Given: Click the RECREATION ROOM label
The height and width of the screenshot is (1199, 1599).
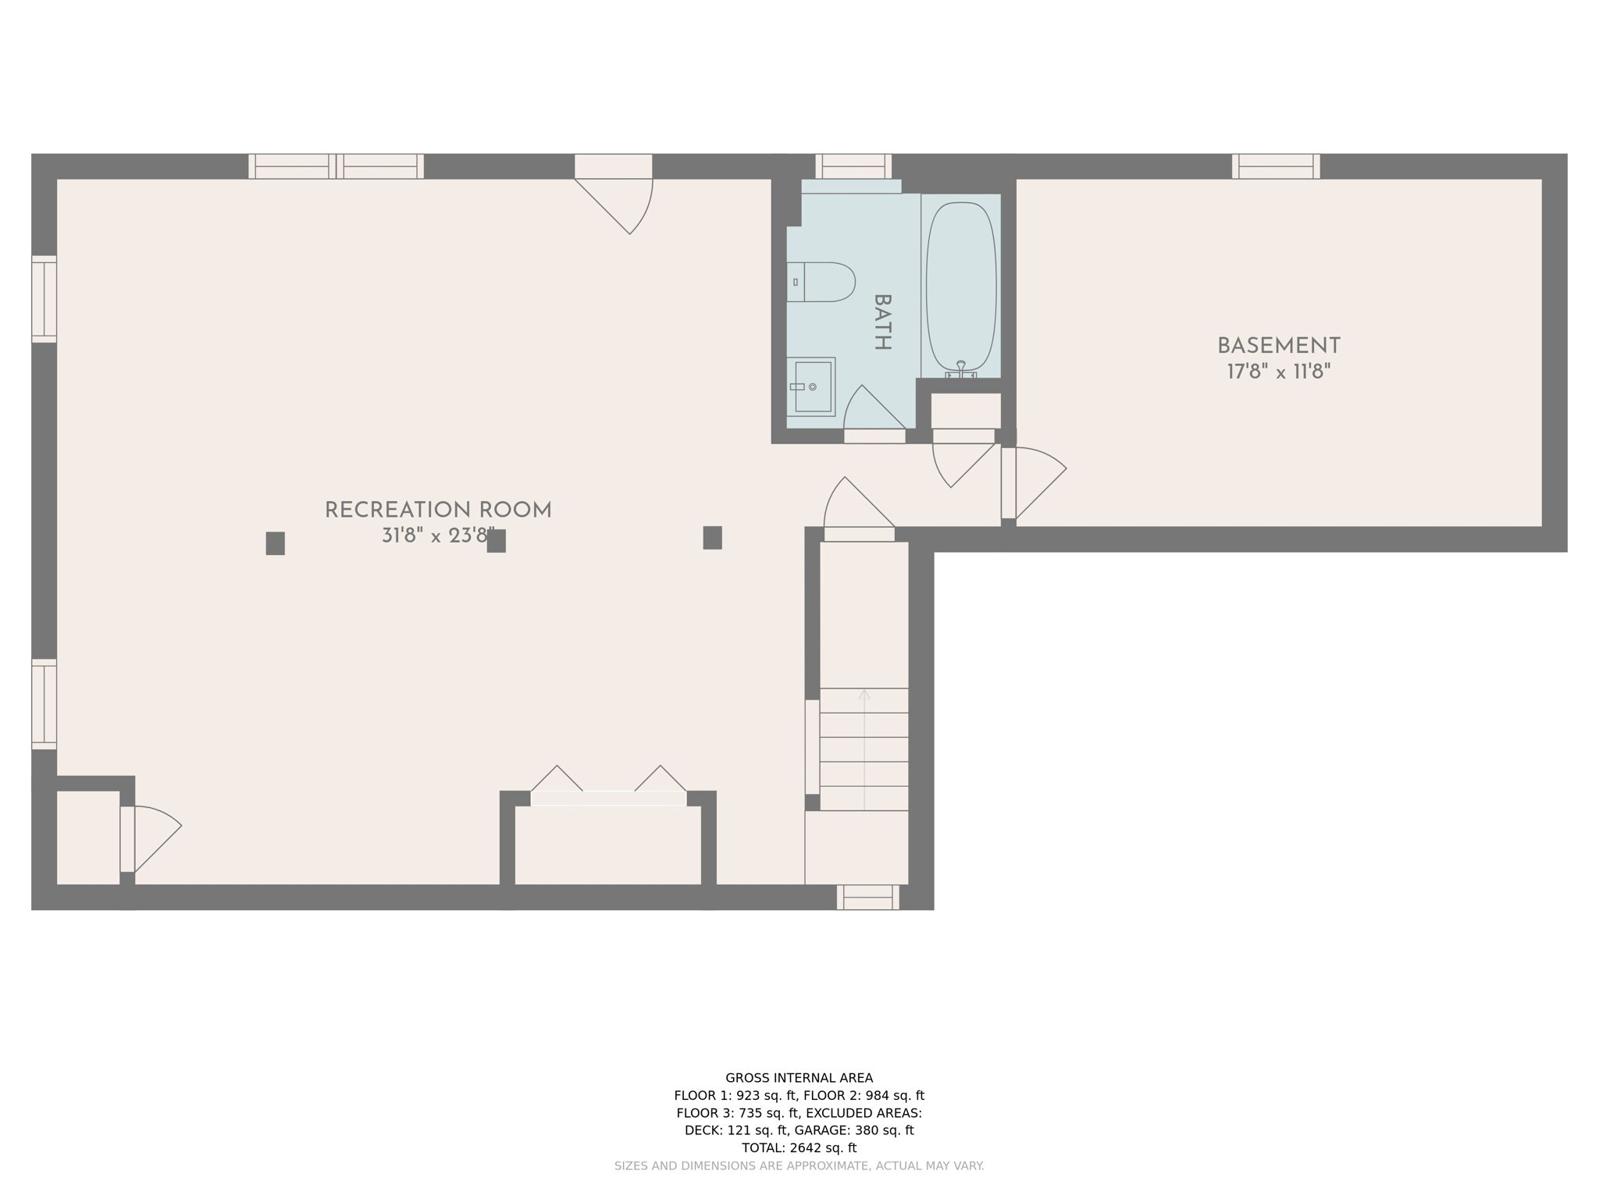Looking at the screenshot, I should pos(438,511).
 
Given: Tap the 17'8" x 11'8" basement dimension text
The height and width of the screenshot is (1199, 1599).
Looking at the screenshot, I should pos(1278,372).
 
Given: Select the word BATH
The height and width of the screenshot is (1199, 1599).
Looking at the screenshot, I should pos(881,322).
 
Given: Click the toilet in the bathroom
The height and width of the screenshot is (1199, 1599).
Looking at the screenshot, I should pos(821,282).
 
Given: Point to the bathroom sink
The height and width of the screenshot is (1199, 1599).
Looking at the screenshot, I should pos(811,386).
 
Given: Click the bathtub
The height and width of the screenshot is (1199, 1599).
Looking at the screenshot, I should pos(960,286).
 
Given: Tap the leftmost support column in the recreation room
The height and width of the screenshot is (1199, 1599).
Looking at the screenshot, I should pos(275,543).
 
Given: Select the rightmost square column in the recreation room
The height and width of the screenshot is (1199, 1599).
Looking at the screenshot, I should pos(712,538).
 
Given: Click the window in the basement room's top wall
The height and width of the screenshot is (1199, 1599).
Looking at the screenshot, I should pos(1276,166).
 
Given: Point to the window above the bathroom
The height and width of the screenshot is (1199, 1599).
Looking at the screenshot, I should pos(853,166).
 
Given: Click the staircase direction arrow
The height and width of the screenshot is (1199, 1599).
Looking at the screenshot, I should pos(864,694).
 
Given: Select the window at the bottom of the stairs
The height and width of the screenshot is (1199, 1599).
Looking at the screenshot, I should pos(867,897).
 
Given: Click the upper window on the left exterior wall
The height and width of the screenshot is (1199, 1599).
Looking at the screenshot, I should pos(45,299).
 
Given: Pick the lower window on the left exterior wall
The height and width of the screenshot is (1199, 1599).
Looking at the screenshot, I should pos(45,703).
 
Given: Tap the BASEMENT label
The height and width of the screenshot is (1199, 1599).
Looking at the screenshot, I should pos(1278,346).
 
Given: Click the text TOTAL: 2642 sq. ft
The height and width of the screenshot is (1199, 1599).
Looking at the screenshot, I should pos(799,1147).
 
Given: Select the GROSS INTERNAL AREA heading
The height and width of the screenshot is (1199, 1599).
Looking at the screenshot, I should pos(799,1078).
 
